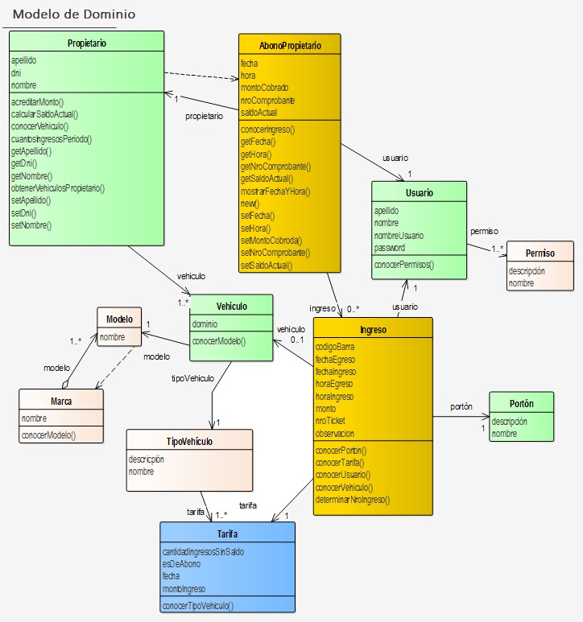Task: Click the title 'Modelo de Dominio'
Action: pos(74,14)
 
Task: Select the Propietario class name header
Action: pos(86,43)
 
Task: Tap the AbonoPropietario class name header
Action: pos(290,46)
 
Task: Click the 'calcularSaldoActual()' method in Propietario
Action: pos(44,114)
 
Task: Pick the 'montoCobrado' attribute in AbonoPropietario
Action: pos(264,88)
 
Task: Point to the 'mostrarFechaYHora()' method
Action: pos(275,192)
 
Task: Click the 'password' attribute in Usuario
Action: pos(389,248)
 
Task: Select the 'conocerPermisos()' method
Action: pos(404,265)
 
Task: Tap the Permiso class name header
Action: pos(540,253)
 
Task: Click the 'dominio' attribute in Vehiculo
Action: pos(205,324)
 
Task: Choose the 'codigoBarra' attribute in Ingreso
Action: pos(335,347)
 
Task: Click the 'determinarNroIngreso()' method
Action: pos(353,500)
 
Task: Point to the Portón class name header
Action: pos(522,403)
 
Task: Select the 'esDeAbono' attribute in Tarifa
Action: pos(181,564)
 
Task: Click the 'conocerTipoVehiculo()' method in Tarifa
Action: pos(197,606)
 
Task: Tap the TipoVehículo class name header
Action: pos(189,442)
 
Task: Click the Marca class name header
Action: pos(61,402)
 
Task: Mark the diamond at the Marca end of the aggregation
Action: pos(65,384)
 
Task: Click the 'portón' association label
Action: pos(461,406)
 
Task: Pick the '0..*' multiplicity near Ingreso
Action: pos(353,309)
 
